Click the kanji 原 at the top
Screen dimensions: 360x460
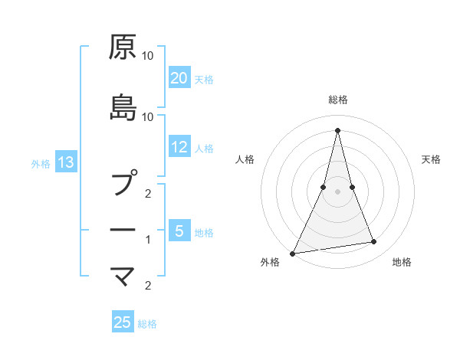[x=123, y=47]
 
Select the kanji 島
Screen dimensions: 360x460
[x=123, y=107]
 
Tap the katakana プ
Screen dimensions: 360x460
[x=123, y=184]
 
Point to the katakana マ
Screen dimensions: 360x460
[x=123, y=274]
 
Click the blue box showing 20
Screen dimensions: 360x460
[x=179, y=78]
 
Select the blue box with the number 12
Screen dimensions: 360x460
[x=179, y=148]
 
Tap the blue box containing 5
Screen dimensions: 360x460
[x=179, y=231]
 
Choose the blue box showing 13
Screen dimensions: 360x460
[x=65, y=162]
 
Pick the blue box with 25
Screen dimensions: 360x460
[x=123, y=322]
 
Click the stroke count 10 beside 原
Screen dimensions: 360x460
[x=148, y=56]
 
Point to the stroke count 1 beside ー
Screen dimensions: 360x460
[x=149, y=240]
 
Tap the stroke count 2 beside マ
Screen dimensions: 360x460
[x=149, y=286]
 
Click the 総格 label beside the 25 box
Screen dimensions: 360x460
[x=147, y=324]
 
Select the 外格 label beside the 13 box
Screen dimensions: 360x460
[x=41, y=163]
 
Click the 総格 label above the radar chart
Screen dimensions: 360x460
[x=337, y=100]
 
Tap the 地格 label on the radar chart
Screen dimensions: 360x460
[x=402, y=263]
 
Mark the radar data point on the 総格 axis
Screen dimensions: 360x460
[x=337, y=129]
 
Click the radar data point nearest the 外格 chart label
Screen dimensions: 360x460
[x=293, y=253]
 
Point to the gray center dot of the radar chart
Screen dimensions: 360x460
[x=337, y=191]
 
